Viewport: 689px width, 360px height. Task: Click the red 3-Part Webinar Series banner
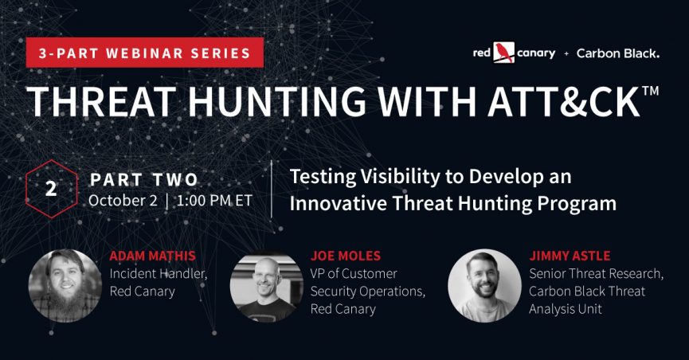pyautogui.click(x=144, y=53)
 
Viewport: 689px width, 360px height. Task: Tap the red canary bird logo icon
pyautogui.click(x=503, y=53)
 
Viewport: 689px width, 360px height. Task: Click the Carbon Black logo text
pyautogui.click(x=618, y=53)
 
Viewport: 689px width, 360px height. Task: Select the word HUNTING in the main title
pyautogui.click(x=277, y=101)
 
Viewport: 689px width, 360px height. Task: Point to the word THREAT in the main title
pyautogui.click(x=102, y=101)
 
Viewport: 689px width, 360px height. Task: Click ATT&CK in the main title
pyautogui.click(x=563, y=101)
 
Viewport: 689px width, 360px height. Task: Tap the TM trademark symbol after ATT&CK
pyautogui.click(x=650, y=91)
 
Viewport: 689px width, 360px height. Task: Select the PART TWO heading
pyautogui.click(x=144, y=180)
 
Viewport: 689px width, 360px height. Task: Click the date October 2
pyautogui.click(x=123, y=201)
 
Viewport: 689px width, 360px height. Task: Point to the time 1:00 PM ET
pyautogui.click(x=214, y=201)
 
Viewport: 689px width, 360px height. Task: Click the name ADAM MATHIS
pyautogui.click(x=152, y=256)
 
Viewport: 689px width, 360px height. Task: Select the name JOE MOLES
pyautogui.click(x=346, y=256)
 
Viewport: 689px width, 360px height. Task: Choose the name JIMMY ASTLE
pyautogui.click(x=570, y=256)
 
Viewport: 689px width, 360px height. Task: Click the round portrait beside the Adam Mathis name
pyautogui.click(x=65, y=286)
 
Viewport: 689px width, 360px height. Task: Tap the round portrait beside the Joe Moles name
pyautogui.click(x=267, y=286)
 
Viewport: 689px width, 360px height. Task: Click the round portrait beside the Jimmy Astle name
pyautogui.click(x=484, y=286)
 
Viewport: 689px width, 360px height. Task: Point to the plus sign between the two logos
pyautogui.click(x=566, y=53)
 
